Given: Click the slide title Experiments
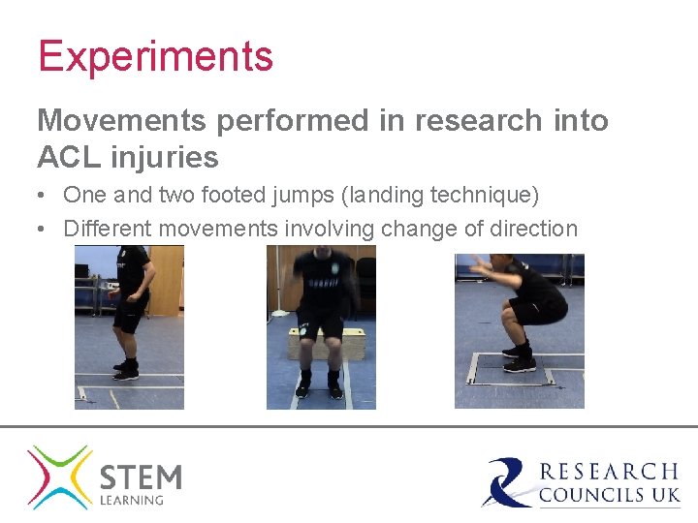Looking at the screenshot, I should pyautogui.click(x=155, y=56).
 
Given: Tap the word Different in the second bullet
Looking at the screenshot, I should pyautogui.click(x=107, y=229).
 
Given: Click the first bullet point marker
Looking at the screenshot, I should pyautogui.click(x=44, y=195).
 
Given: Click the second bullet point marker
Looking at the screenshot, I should pyautogui.click(x=44, y=229).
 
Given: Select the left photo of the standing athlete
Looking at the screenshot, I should pyautogui.click(x=129, y=326).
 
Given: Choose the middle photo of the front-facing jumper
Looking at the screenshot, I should pyautogui.click(x=321, y=326).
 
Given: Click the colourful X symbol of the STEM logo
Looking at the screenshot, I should pyautogui.click(x=60, y=477).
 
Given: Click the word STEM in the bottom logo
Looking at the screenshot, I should pyautogui.click(x=141, y=477).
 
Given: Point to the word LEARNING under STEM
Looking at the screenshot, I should pyautogui.click(x=133, y=501).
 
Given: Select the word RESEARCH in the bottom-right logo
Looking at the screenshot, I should pyautogui.click(x=609, y=472).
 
